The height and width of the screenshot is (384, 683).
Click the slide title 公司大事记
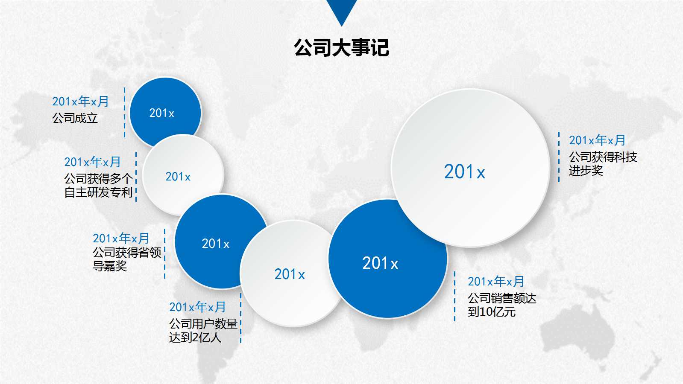click(341, 47)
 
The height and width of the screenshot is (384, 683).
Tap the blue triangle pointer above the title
click(341, 11)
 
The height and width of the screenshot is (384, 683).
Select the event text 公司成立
click(75, 118)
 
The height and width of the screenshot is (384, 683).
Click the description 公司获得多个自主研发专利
click(98, 186)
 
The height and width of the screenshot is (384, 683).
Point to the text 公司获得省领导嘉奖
click(127, 259)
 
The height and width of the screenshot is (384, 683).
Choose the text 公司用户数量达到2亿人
click(203, 331)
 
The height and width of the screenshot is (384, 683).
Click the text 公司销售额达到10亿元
click(501, 305)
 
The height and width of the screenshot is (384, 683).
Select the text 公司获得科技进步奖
click(603, 164)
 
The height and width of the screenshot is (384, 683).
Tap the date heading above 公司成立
click(80, 102)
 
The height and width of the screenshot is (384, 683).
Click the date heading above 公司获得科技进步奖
click(597, 140)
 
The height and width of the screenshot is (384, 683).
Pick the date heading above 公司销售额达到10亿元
click(495, 282)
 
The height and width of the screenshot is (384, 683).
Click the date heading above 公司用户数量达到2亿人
click(197, 307)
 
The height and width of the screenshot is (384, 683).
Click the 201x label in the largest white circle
click(465, 172)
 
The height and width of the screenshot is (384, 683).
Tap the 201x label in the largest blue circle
click(380, 263)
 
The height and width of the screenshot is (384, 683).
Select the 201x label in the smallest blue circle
click(161, 113)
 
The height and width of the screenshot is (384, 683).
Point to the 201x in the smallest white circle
click(178, 177)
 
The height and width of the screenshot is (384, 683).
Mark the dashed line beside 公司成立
click(124, 113)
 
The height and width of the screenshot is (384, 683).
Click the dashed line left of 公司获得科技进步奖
click(559, 157)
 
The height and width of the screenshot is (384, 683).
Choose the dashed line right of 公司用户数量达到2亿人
click(240, 318)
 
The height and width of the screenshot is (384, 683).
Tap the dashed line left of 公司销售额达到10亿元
click(455, 296)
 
